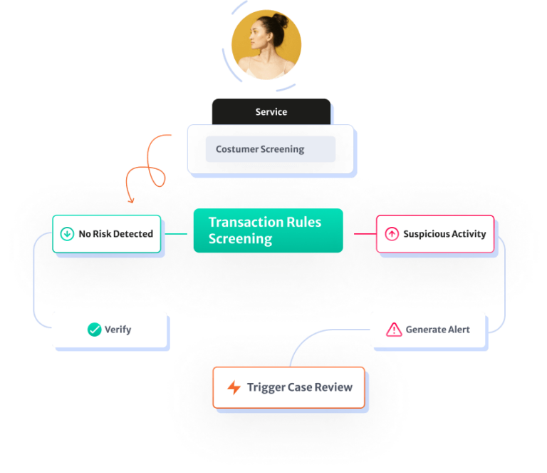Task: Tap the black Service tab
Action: [271, 112]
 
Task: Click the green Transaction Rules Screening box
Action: [268, 230]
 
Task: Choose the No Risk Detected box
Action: [107, 233]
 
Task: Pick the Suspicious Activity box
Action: [435, 233]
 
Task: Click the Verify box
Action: [110, 330]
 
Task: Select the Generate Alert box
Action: [429, 330]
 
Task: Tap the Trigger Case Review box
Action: [288, 387]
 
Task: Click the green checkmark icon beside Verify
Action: [94, 330]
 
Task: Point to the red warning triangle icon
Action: [394, 330]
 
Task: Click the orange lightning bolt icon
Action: [234, 388]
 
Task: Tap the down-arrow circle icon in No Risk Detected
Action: [67, 233]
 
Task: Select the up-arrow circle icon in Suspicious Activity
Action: [391, 233]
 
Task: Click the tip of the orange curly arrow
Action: [131, 202]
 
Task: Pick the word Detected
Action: [132, 233]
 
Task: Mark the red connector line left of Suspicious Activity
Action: [364, 233]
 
